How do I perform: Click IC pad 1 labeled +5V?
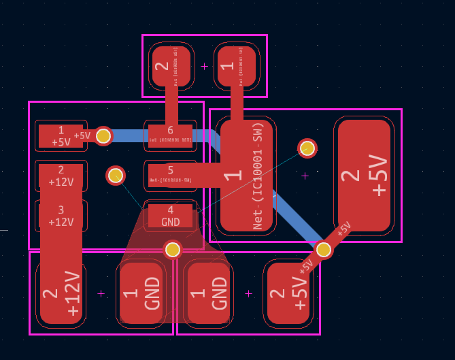click(61, 136)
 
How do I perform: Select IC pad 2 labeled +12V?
click(61, 176)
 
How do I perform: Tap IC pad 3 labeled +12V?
click(61, 216)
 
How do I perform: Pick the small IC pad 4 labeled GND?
click(170, 216)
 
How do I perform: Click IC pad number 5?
click(170, 175)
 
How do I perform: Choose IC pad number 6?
click(170, 135)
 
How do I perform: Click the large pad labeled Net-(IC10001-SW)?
click(246, 176)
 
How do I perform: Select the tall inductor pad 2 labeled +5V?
click(364, 176)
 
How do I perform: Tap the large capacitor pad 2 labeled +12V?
click(61, 293)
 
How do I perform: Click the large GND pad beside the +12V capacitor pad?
click(141, 293)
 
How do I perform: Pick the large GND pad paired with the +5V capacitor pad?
click(209, 293)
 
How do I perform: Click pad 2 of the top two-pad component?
click(171, 66)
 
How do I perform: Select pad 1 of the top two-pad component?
click(237, 66)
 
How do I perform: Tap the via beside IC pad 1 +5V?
click(103, 136)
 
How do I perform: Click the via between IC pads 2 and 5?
click(116, 176)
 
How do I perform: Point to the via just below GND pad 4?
click(173, 250)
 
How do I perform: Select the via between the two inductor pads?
click(307, 148)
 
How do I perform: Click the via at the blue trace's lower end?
click(324, 250)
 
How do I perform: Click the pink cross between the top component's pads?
click(204, 66)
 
